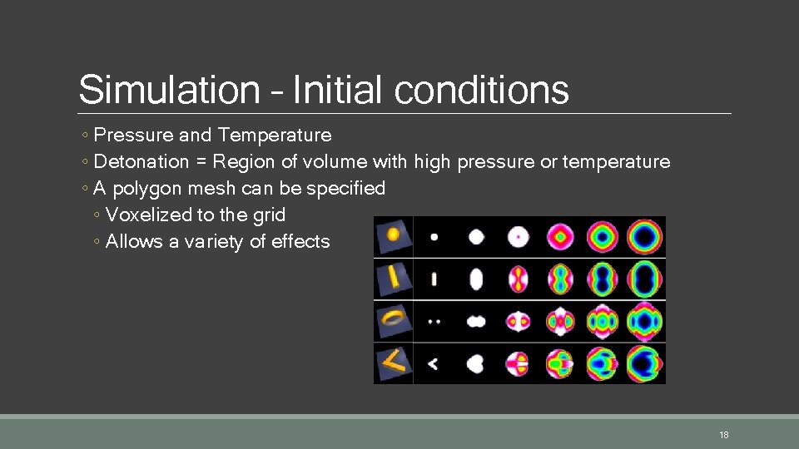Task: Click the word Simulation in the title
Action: pyautogui.click(x=169, y=90)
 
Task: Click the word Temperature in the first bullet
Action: pyautogui.click(x=275, y=135)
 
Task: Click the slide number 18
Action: pyautogui.click(x=723, y=435)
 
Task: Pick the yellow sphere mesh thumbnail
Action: pyautogui.click(x=393, y=237)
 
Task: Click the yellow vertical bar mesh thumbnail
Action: pyautogui.click(x=393, y=278)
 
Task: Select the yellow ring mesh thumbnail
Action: pyautogui.click(x=393, y=319)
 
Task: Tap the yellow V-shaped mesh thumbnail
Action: pyautogui.click(x=393, y=362)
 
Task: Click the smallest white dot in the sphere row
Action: pyautogui.click(x=434, y=237)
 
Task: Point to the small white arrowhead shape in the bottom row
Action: pyautogui.click(x=433, y=363)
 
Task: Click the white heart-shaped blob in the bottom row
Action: pyautogui.click(x=475, y=363)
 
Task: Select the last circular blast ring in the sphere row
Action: pyautogui.click(x=644, y=237)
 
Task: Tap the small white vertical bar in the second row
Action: pyautogui.click(x=434, y=279)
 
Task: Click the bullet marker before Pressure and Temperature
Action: pyautogui.click(x=87, y=136)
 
